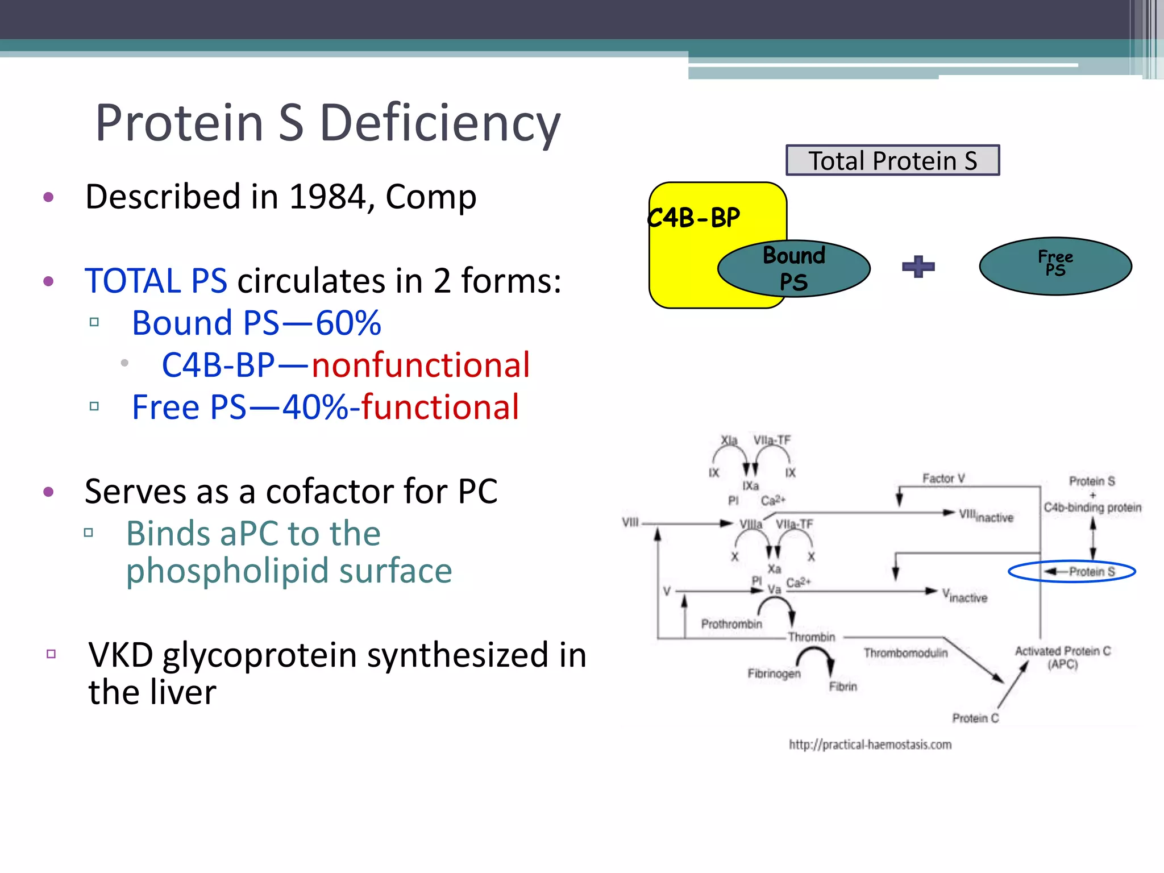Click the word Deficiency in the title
pos(440,123)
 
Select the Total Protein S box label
pos(892,161)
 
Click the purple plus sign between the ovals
pos(918,267)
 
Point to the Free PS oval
pos(1055,265)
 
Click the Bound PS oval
pos(794,268)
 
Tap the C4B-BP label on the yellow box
pos(694,218)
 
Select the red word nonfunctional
pos(421,365)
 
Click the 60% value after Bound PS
pos(348,323)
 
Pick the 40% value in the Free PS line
pos(315,407)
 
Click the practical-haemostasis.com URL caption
pos(870,745)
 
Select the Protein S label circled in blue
pos(1091,571)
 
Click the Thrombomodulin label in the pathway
pos(905,653)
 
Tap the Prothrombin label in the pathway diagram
pos(731,624)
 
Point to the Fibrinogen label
pos(774,674)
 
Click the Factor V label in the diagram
pos(943,479)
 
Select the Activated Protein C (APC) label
pos(1062,657)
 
